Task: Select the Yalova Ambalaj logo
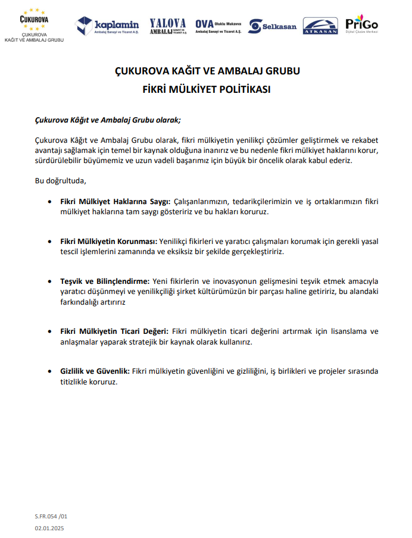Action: pyautogui.click(x=168, y=26)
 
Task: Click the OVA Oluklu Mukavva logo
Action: pyautogui.click(x=218, y=26)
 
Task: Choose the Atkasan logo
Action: pyautogui.click(x=320, y=26)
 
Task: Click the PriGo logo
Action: pyautogui.click(x=362, y=24)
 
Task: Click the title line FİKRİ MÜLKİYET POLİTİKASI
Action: pyautogui.click(x=207, y=90)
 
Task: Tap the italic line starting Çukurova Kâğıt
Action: pyautogui.click(x=108, y=120)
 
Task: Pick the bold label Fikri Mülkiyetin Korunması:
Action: pyautogui.click(x=108, y=242)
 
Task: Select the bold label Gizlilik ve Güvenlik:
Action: pyautogui.click(x=95, y=371)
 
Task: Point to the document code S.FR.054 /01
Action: pyautogui.click(x=51, y=517)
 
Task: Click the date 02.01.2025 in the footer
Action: pyautogui.click(x=49, y=528)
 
